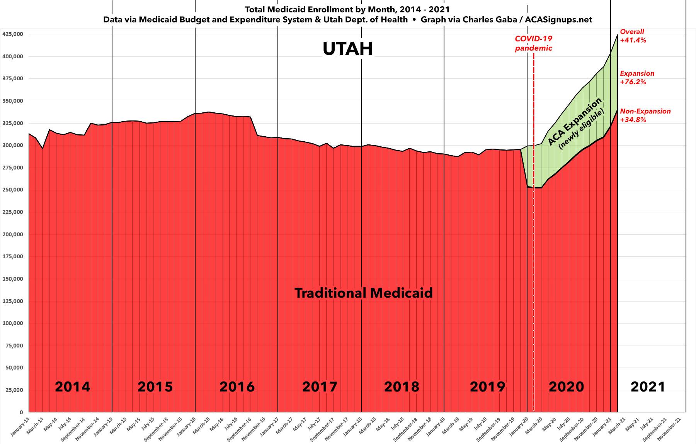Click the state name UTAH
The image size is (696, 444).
pos(347,49)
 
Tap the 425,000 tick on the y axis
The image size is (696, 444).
pos(13,34)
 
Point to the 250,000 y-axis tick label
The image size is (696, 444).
pos(13,190)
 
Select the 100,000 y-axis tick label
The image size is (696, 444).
pos(13,323)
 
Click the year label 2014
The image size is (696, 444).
pos(72,386)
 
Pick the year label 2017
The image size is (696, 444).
pos(319,386)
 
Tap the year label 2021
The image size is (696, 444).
pos(648,386)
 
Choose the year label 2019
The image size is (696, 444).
pos(487,386)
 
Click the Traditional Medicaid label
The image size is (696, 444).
pos(363,293)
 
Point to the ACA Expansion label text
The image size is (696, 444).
pos(575,121)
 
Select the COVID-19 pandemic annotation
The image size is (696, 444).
pos(533,43)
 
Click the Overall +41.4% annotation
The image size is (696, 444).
pos(633,36)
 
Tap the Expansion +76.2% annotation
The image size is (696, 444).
pos(637,78)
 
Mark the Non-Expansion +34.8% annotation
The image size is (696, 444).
pos(645,115)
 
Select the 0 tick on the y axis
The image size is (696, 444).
pos(21,412)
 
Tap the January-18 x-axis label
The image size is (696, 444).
pos(353,427)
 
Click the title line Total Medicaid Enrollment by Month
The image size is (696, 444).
pos(347,9)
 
